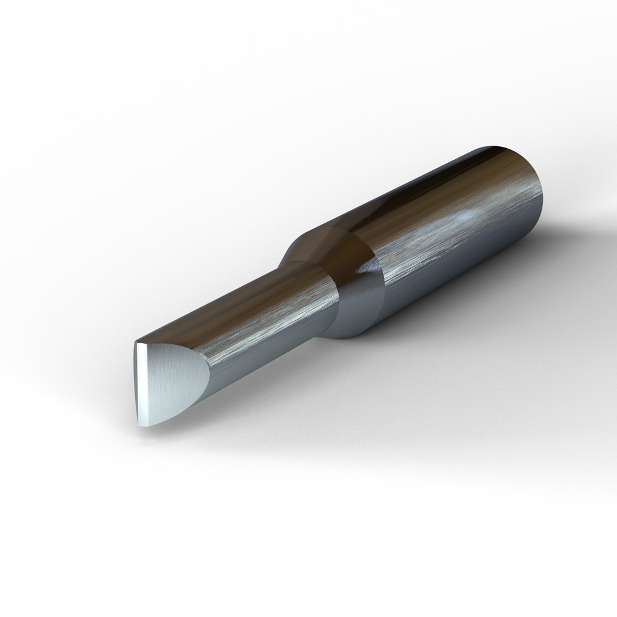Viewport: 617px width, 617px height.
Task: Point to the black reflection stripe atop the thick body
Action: [x=444, y=170]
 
